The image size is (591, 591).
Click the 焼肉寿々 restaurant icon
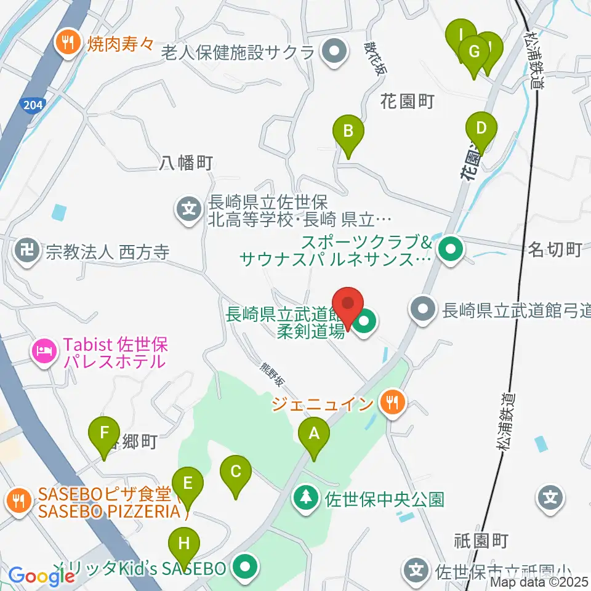pos(65,42)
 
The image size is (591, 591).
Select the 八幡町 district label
pos(186,163)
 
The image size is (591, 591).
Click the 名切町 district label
pos(555,250)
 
